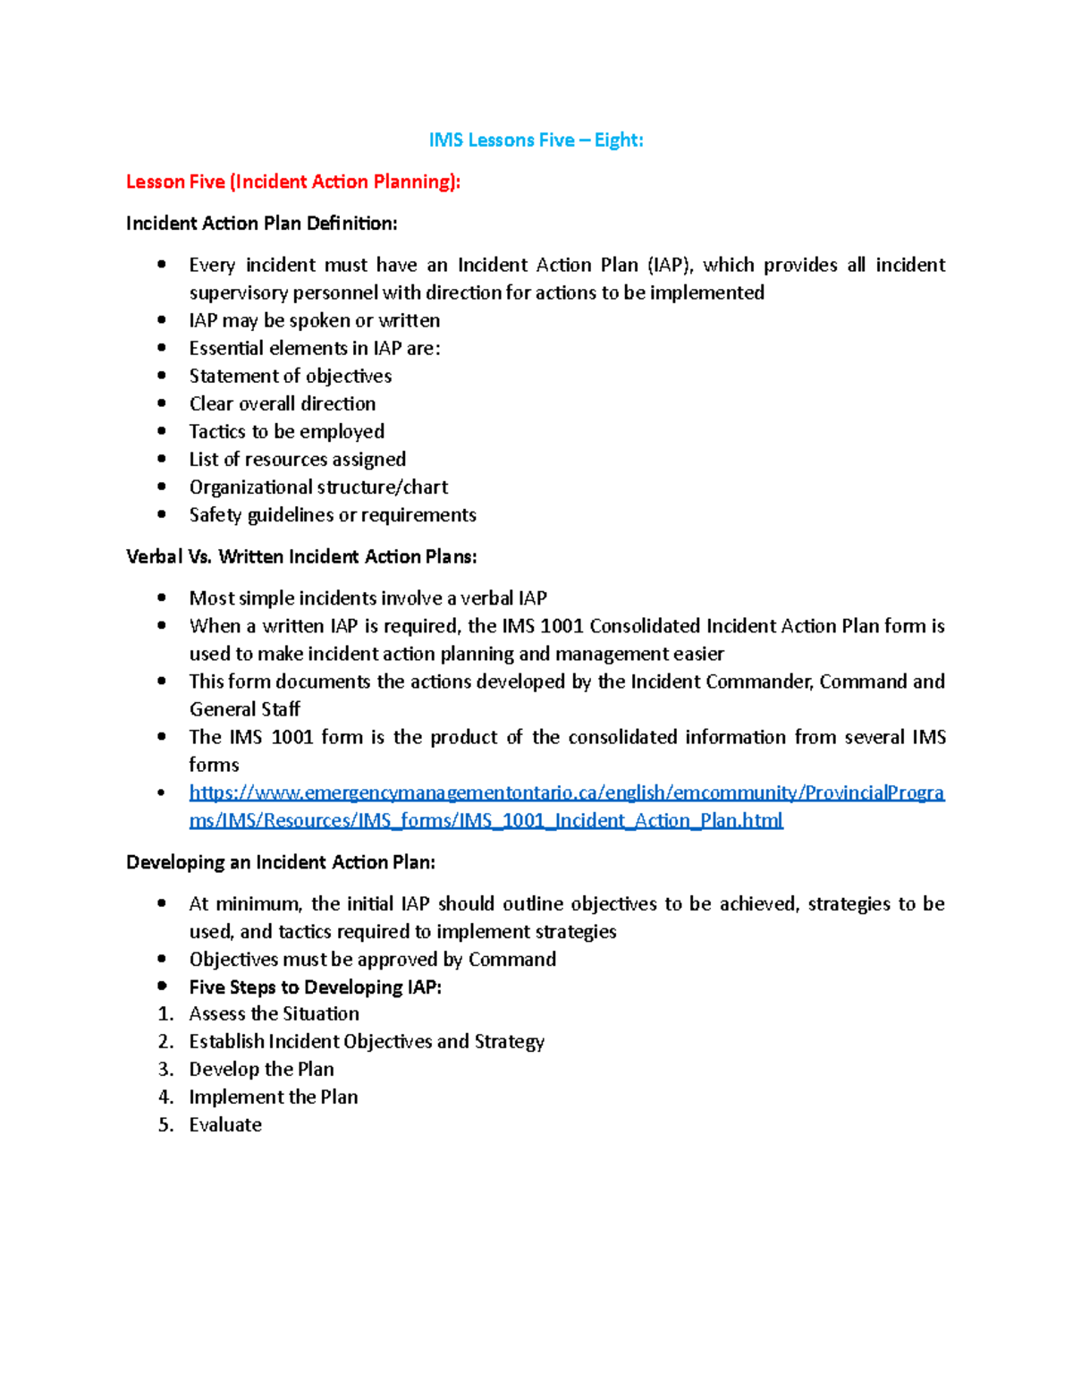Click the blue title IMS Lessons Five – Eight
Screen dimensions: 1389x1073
point(536,140)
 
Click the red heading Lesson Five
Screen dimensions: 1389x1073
point(293,182)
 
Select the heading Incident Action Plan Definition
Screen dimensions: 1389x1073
point(262,224)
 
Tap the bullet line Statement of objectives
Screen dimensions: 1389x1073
point(290,376)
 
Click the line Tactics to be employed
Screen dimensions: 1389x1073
point(286,431)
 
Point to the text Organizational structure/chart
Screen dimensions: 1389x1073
point(318,487)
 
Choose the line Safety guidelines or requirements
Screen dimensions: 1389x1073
point(332,515)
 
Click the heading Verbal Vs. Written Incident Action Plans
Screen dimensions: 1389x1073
point(301,556)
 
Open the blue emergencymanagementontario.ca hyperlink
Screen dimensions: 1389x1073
point(566,793)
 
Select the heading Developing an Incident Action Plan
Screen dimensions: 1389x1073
point(281,862)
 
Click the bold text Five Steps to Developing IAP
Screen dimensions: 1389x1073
point(315,987)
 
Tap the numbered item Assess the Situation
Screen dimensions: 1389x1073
point(274,1014)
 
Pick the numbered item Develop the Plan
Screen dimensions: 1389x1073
point(261,1070)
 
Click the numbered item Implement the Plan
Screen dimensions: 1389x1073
point(273,1097)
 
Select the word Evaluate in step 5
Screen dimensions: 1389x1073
point(225,1125)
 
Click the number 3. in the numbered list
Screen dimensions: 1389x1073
point(165,1070)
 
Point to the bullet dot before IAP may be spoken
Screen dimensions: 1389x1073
point(162,319)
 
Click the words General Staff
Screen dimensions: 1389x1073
point(244,709)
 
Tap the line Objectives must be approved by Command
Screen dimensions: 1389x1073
point(372,960)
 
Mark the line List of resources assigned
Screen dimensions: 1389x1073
point(297,459)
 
